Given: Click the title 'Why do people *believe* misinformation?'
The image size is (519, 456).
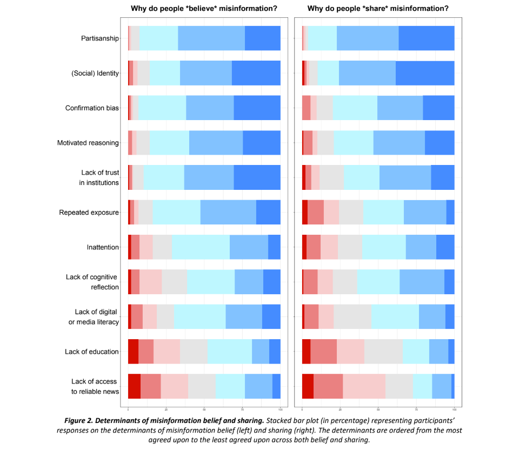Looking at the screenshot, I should (x=203, y=9).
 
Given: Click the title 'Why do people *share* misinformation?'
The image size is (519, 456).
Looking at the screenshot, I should (x=377, y=9).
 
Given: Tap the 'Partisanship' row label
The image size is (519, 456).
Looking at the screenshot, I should (x=100, y=38).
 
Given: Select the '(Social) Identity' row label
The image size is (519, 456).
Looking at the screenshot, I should (x=95, y=73).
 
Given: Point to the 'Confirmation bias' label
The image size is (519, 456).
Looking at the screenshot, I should (x=92, y=108).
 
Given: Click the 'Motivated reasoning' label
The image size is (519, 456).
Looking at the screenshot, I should (x=88, y=143).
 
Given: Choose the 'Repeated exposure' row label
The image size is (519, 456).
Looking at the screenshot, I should (x=89, y=213).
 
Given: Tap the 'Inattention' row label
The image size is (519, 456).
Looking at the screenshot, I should (x=103, y=247).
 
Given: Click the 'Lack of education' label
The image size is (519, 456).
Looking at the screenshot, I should (x=92, y=352).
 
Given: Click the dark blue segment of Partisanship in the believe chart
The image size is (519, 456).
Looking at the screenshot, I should (x=262, y=38).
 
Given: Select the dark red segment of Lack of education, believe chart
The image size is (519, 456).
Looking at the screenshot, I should (x=133, y=352).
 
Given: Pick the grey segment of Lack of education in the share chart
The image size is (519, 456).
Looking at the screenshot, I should (x=383, y=352).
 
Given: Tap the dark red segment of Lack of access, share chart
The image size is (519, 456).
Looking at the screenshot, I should (x=308, y=386).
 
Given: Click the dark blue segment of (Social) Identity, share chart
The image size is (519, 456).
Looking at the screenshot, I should (x=425, y=73).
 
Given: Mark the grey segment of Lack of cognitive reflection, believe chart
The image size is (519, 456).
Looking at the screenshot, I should (x=174, y=282).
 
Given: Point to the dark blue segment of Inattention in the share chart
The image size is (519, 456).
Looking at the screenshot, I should (x=445, y=247).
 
